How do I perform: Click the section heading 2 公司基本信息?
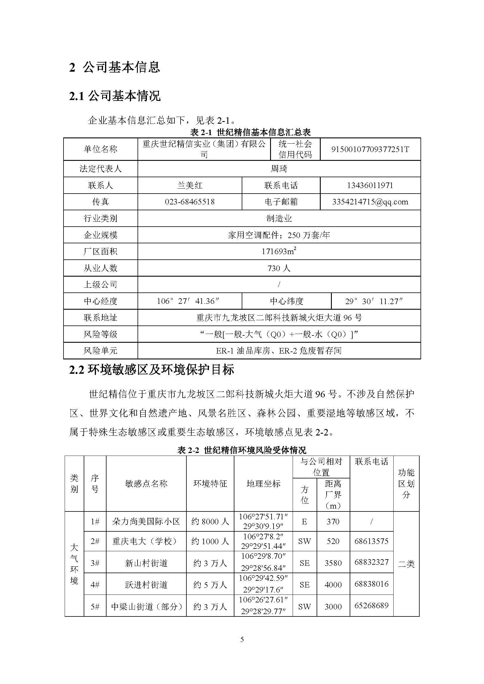(114, 67)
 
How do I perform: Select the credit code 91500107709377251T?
(370, 149)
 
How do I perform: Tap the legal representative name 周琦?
(279, 169)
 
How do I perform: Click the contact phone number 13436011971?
(370, 186)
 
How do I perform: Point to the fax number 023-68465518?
(190, 202)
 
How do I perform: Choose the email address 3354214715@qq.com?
(370, 202)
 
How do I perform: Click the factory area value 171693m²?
(279, 251)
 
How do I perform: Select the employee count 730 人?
(279, 268)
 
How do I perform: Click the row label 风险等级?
(100, 334)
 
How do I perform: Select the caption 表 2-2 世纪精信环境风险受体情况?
(242, 450)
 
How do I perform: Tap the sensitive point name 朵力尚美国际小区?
(146, 521)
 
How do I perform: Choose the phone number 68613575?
(371, 541)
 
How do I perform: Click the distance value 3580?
(333, 563)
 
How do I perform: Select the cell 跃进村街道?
(146, 585)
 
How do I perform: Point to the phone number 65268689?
(371, 605)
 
